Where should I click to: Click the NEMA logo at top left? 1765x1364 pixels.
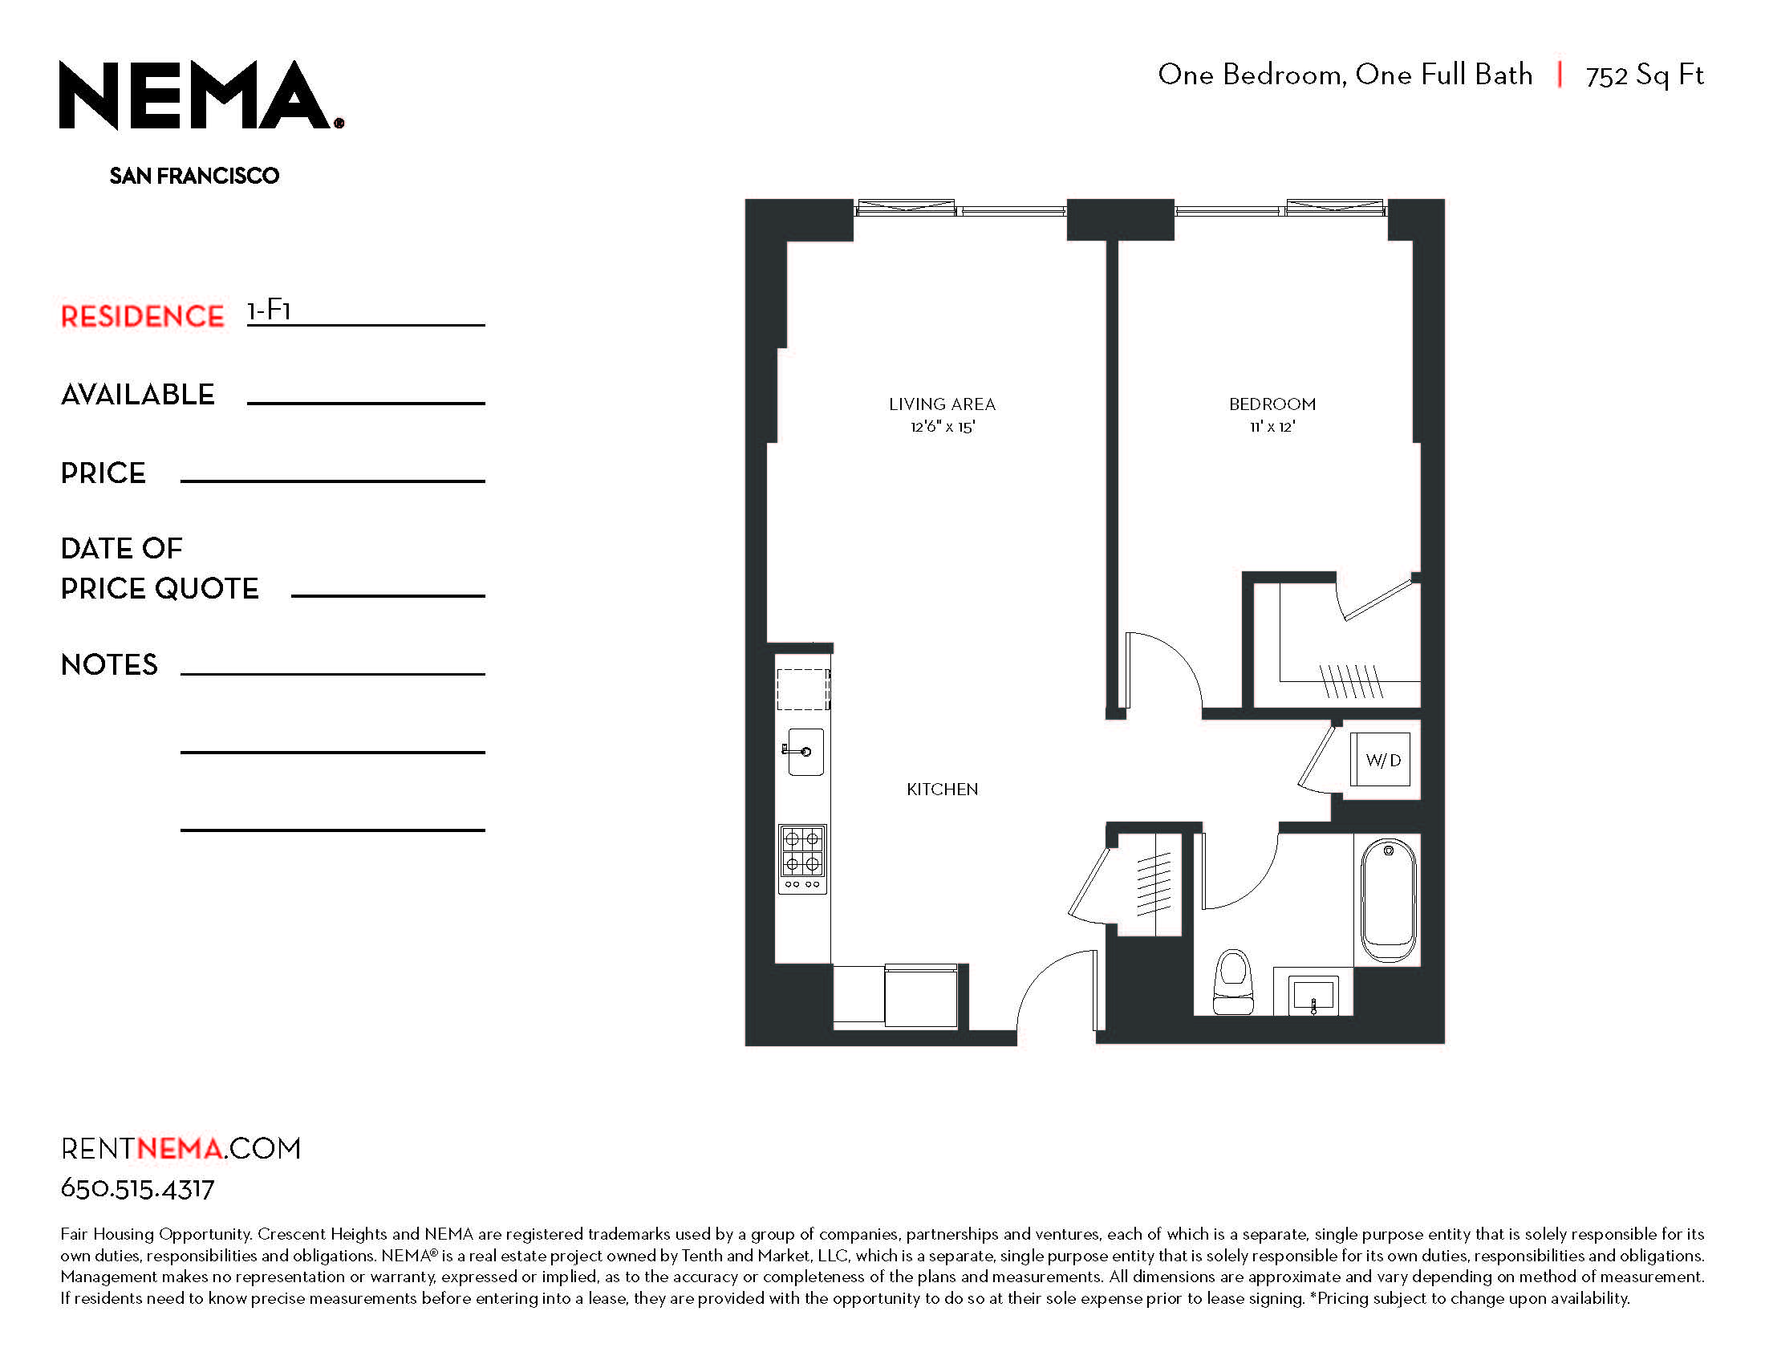pyautogui.click(x=201, y=95)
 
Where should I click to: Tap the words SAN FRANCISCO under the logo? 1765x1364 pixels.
pyautogui.click(x=194, y=177)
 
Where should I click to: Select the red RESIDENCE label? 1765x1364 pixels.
pyautogui.click(x=142, y=316)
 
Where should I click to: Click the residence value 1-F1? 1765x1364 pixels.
pyautogui.click(x=269, y=311)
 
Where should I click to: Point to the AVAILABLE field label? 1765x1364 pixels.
pyautogui.click(x=137, y=394)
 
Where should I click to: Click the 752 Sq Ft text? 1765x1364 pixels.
pyautogui.click(x=1645, y=75)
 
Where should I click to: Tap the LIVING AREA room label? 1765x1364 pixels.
pyautogui.click(x=943, y=404)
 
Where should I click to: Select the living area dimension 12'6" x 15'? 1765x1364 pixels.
pyautogui.click(x=943, y=427)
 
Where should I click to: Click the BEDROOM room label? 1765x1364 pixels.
pyautogui.click(x=1272, y=404)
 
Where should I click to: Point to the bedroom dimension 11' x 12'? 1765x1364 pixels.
pyautogui.click(x=1272, y=427)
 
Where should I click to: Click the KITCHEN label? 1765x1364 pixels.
pyautogui.click(x=943, y=790)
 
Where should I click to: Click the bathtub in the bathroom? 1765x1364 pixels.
pyautogui.click(x=1389, y=900)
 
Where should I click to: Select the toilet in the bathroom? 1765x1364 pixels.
pyautogui.click(x=1233, y=983)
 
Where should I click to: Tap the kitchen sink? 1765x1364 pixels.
pyautogui.click(x=805, y=752)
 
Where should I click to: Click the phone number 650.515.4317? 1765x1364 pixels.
pyautogui.click(x=137, y=1188)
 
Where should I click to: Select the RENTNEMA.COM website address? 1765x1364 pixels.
pyautogui.click(x=181, y=1148)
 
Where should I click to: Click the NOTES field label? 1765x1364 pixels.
pyautogui.click(x=109, y=664)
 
